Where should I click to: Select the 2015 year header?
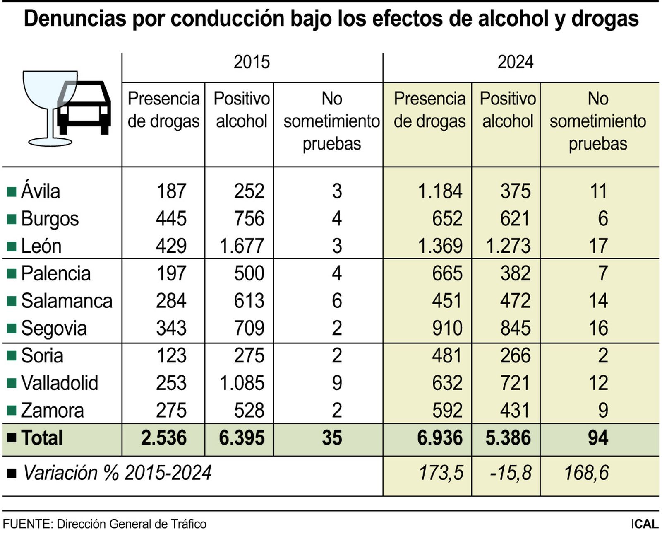[x=252, y=62]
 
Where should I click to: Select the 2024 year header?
[x=515, y=62]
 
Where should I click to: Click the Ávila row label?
[x=40, y=191]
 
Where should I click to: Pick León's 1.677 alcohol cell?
[x=242, y=246]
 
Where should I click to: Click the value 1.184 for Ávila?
[x=440, y=191]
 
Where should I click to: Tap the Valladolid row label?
[x=59, y=383]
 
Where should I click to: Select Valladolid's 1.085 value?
[x=242, y=383]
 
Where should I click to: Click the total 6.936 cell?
[x=439, y=438]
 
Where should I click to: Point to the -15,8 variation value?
[x=510, y=473]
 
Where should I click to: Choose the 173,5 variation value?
[x=441, y=473]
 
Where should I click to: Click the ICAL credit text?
[x=644, y=524]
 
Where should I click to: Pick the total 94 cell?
[x=598, y=438]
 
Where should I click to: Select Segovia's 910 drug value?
[x=447, y=329]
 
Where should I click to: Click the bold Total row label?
[x=41, y=438]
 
